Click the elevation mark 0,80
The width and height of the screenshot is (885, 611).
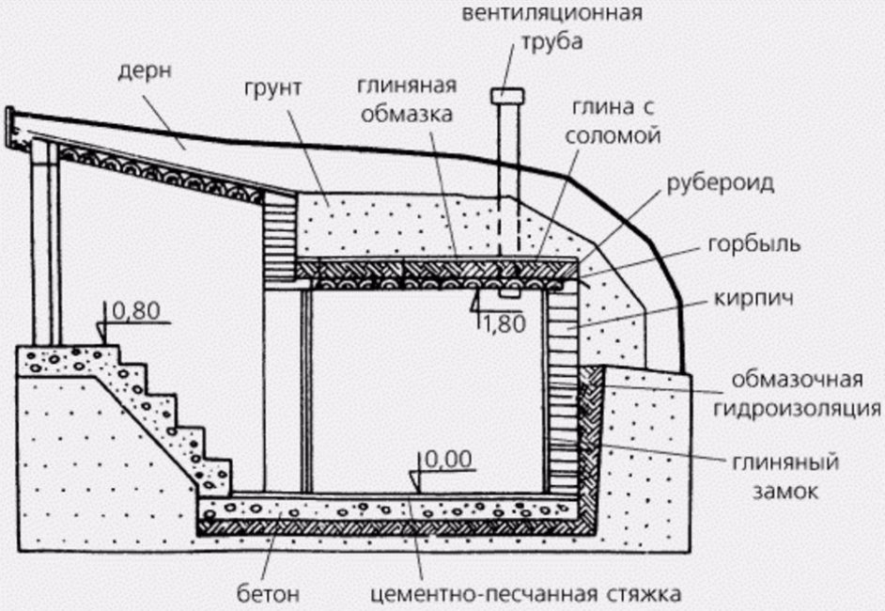coord(132,309)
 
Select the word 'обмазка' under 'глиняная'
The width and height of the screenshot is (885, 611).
coord(405,116)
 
